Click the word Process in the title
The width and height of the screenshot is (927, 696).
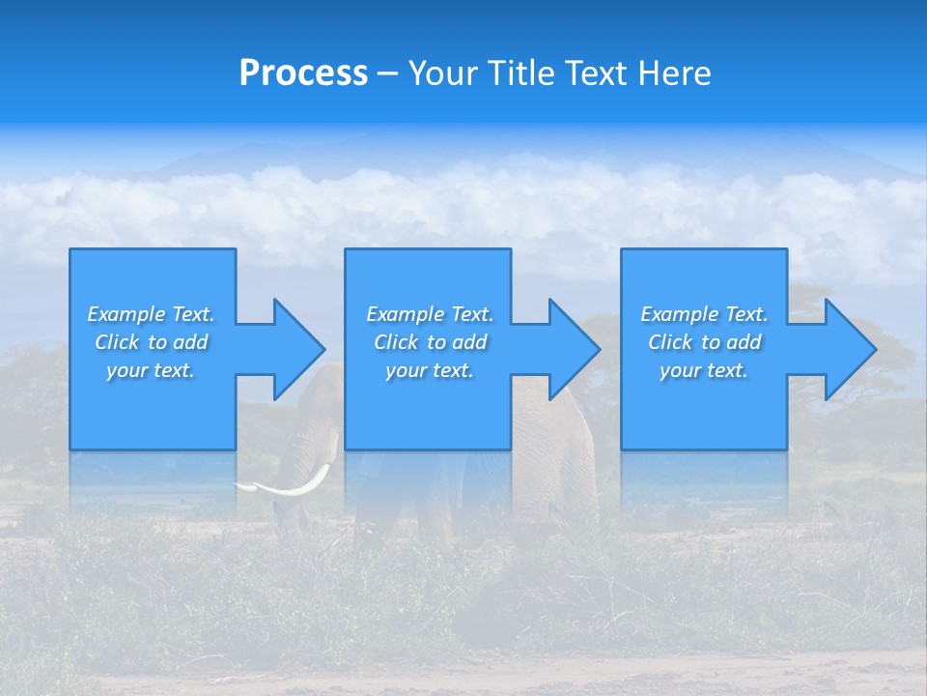303,73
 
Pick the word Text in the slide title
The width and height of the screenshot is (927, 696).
596,73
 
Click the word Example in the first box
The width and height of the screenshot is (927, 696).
126,314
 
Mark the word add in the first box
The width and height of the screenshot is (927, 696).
190,342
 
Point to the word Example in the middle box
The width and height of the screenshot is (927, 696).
406,314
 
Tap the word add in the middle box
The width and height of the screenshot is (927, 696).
469,342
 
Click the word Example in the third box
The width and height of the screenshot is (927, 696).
680,314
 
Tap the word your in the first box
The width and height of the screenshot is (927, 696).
126,370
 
